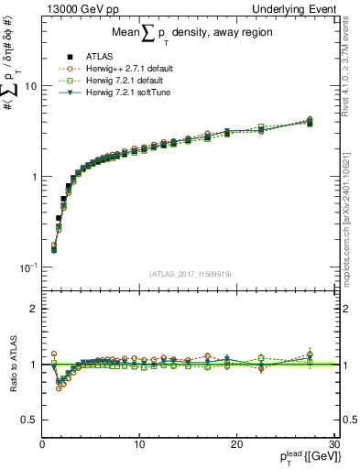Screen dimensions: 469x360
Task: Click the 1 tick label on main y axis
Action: (33, 176)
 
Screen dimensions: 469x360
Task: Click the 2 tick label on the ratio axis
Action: (33, 309)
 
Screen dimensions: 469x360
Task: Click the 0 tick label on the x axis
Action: (42, 444)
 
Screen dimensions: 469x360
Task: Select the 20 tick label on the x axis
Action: (236, 444)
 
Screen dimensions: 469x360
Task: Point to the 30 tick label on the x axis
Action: (333, 444)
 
